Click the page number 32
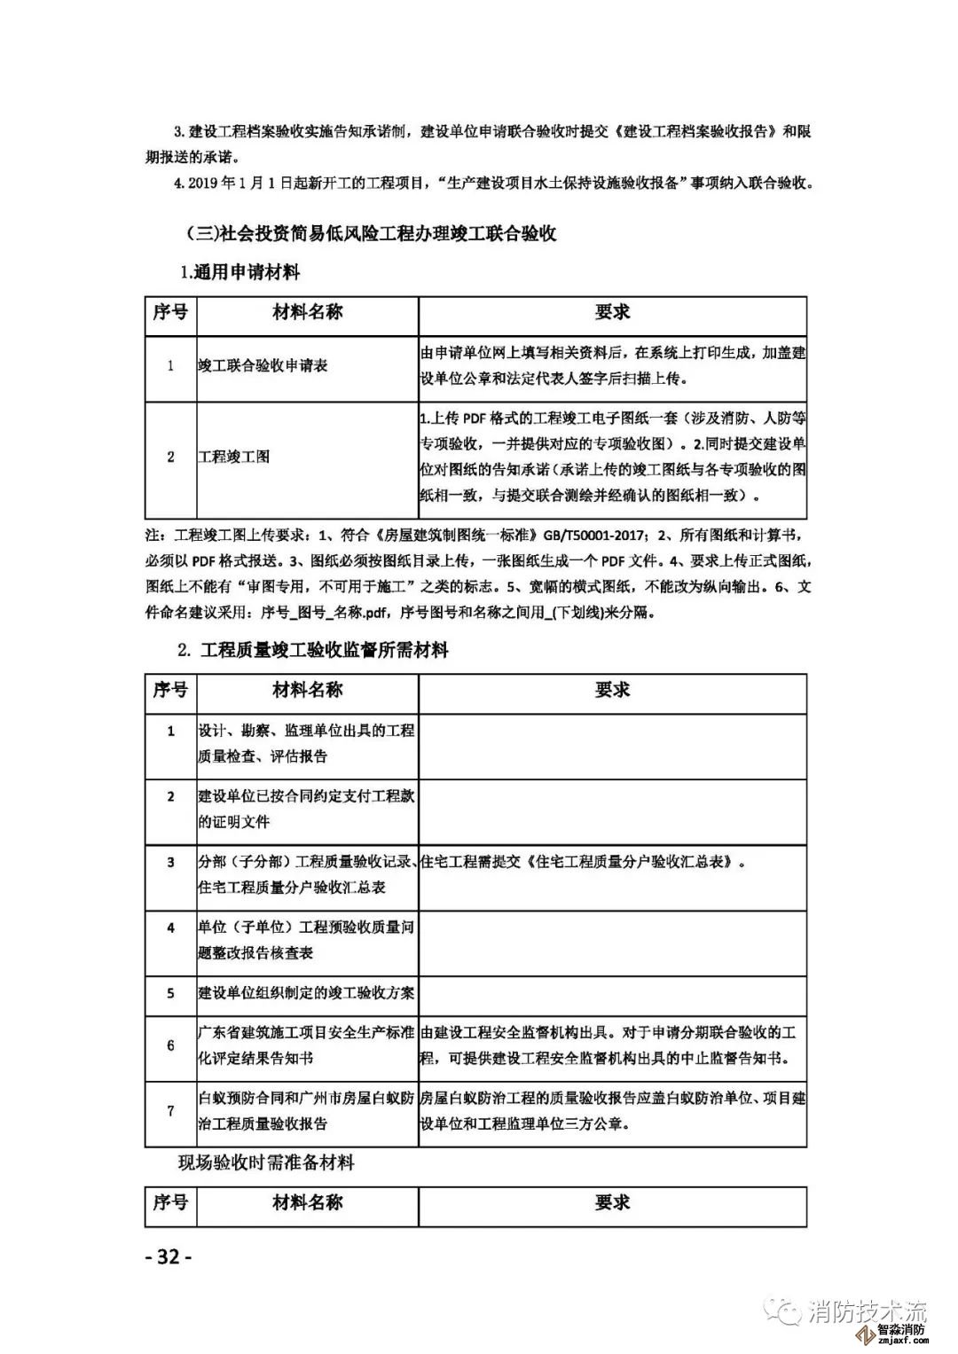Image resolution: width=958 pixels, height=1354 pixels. point(168,1256)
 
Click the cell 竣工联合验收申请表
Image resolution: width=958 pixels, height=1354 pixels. point(263,365)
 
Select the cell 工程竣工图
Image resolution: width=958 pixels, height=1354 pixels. point(233,457)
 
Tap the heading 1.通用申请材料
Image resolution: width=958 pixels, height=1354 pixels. point(239,273)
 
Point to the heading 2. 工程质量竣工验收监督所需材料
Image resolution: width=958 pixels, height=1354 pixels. point(313,650)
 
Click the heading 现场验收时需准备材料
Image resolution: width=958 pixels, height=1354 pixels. point(266,1162)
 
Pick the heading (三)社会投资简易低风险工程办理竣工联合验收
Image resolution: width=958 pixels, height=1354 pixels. point(372,234)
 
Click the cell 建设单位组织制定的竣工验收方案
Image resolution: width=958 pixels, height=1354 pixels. point(306,993)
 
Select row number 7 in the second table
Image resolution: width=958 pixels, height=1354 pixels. point(171,1110)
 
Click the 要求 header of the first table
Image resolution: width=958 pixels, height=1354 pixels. point(612,312)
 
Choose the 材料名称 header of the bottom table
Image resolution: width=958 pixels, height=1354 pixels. point(307,1202)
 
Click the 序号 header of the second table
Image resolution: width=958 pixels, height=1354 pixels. point(170,690)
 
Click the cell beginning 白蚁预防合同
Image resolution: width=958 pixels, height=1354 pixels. point(306,1110)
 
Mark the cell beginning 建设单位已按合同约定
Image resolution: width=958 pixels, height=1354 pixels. point(306,809)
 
